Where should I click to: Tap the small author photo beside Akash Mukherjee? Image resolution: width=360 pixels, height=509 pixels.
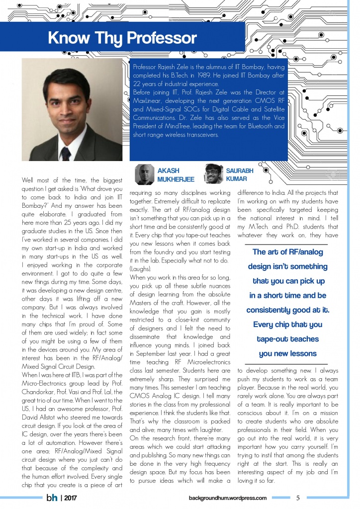[145, 174]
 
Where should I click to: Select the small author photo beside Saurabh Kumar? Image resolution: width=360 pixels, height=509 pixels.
[213, 174]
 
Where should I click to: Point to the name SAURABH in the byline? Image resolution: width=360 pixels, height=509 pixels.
[240, 170]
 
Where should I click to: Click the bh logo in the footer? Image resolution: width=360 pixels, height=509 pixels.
[51, 497]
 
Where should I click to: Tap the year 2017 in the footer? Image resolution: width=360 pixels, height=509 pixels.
[70, 498]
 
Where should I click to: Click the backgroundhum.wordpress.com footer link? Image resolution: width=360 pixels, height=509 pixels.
[228, 498]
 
